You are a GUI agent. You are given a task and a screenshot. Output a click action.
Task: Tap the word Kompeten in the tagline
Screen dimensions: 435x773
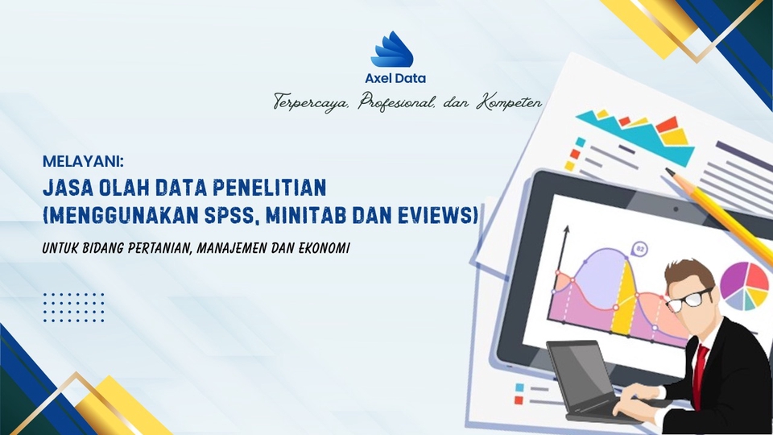(x=508, y=103)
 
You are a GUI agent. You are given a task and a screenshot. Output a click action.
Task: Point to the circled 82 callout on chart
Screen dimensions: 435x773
(x=641, y=248)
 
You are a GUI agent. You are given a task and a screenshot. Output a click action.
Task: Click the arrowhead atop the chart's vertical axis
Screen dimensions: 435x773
(x=565, y=230)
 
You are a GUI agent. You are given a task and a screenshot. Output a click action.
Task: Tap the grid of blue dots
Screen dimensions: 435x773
(x=73, y=308)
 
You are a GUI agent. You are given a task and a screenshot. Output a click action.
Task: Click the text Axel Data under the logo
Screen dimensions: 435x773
(x=395, y=79)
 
